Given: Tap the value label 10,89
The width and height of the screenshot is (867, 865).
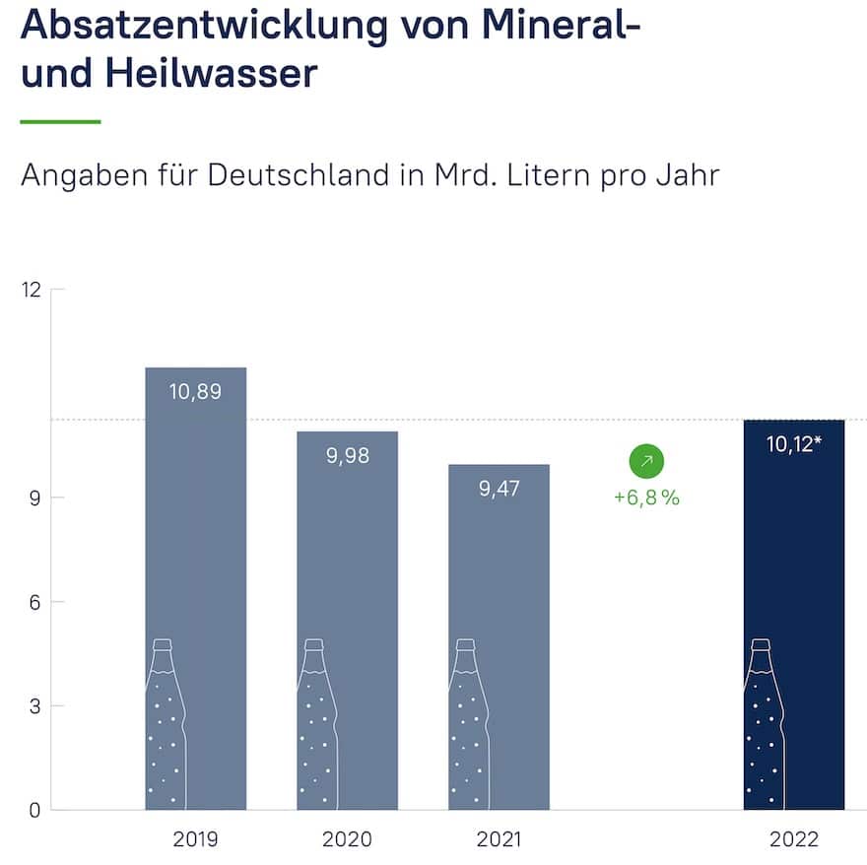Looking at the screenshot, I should click(x=195, y=391).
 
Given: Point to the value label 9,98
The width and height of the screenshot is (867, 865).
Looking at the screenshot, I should click(x=347, y=455).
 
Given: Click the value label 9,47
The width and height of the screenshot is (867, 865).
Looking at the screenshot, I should click(x=499, y=489).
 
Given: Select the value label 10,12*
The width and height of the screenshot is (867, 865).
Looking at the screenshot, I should click(x=794, y=444).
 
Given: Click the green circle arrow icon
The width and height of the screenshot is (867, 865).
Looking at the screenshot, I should click(x=646, y=460).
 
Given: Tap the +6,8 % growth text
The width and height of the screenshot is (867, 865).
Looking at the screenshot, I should click(x=646, y=498).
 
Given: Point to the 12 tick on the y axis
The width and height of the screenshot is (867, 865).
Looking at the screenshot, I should click(x=32, y=290).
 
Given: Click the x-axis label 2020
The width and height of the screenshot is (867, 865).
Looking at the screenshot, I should click(x=347, y=840).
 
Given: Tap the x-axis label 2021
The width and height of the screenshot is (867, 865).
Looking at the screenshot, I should click(x=499, y=840).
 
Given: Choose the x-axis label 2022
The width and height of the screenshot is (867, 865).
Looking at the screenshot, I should click(x=794, y=840).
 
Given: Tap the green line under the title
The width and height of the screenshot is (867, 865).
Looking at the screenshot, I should click(x=61, y=121).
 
